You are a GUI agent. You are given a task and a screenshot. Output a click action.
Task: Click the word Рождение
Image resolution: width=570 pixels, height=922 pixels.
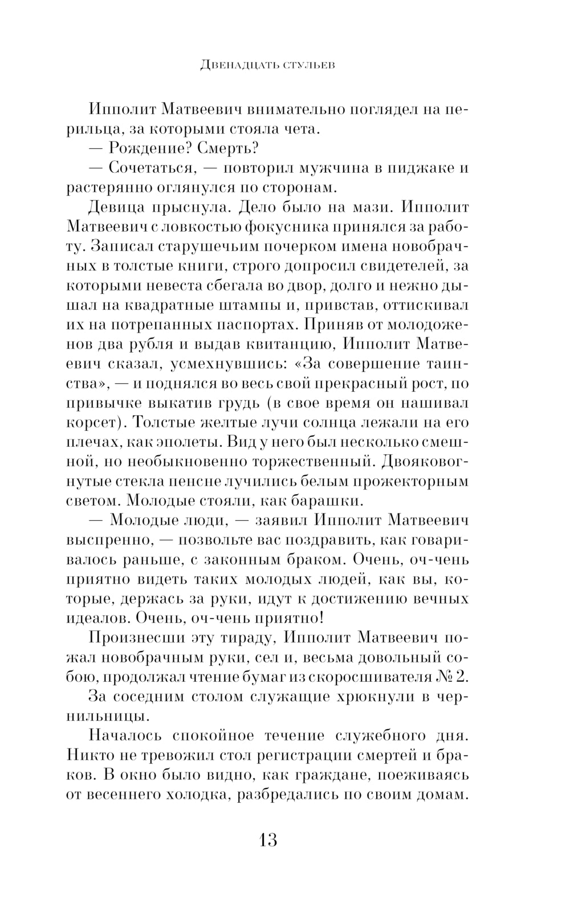(145, 148)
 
